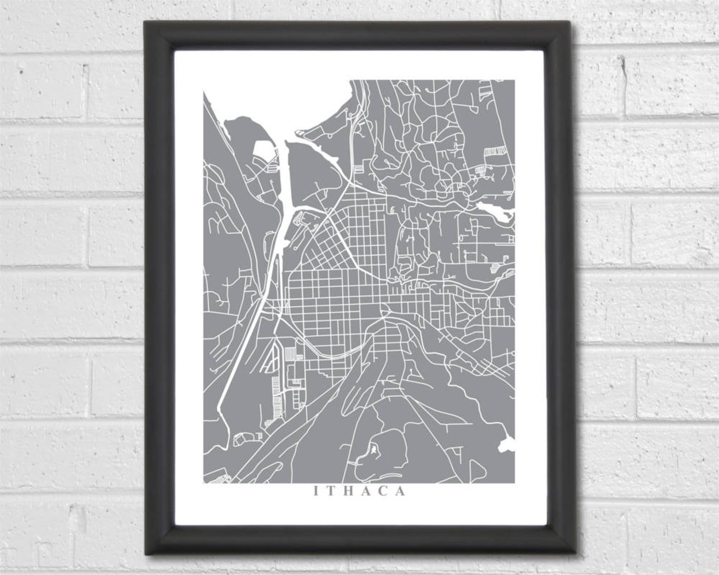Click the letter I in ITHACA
click(316, 492)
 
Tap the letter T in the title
click(331, 492)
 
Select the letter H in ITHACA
click(349, 492)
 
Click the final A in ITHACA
click(401, 492)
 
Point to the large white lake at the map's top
click(290, 109)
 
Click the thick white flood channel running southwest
click(244, 344)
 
